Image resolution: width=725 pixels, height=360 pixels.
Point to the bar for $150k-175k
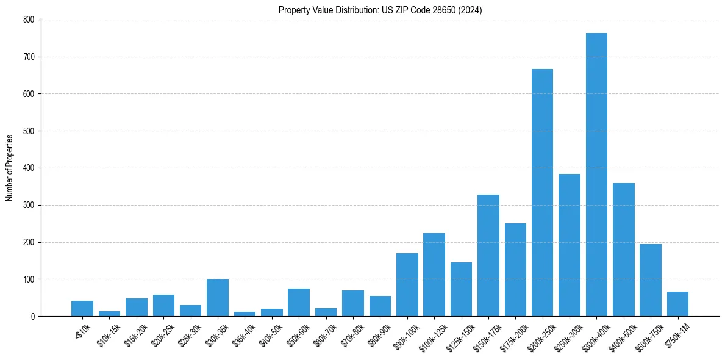[x=488, y=256]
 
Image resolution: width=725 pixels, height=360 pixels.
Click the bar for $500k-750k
[x=650, y=280]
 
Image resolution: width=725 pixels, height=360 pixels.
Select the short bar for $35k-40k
[x=245, y=314]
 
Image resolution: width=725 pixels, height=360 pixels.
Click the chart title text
[x=380, y=10]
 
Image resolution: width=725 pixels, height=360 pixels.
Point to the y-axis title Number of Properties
[x=10, y=168]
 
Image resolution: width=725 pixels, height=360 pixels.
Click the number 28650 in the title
[x=438, y=10]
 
